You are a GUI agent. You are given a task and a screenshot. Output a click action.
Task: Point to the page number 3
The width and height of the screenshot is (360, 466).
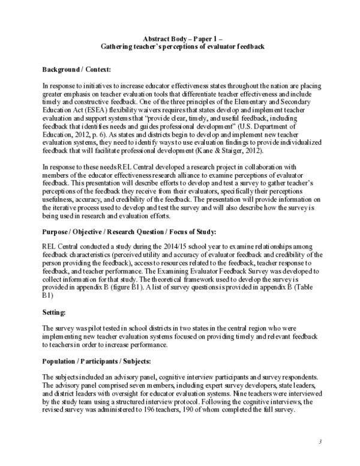[x=320, y=443]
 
